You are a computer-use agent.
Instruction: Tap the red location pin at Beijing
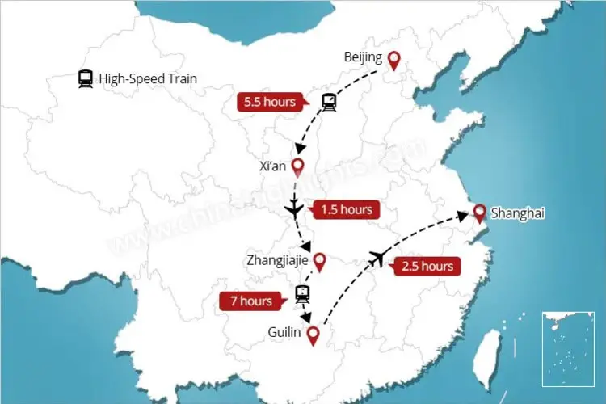tap(393, 59)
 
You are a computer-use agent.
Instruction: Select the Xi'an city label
tap(271, 167)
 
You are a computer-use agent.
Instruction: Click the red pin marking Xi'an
tap(297, 167)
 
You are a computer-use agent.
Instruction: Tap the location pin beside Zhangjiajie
tap(319, 261)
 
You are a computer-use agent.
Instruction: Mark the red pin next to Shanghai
tap(479, 213)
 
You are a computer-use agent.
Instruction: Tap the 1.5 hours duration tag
tap(347, 209)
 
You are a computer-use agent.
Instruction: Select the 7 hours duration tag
tap(250, 301)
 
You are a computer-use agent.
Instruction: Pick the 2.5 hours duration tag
tap(426, 266)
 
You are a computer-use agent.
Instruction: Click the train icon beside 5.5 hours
tap(329, 102)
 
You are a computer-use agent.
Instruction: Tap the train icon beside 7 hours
tap(302, 293)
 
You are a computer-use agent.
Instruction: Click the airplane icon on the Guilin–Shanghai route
tap(376, 258)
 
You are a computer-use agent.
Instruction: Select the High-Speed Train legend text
tap(148, 78)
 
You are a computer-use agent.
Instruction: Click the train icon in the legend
tap(85, 79)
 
